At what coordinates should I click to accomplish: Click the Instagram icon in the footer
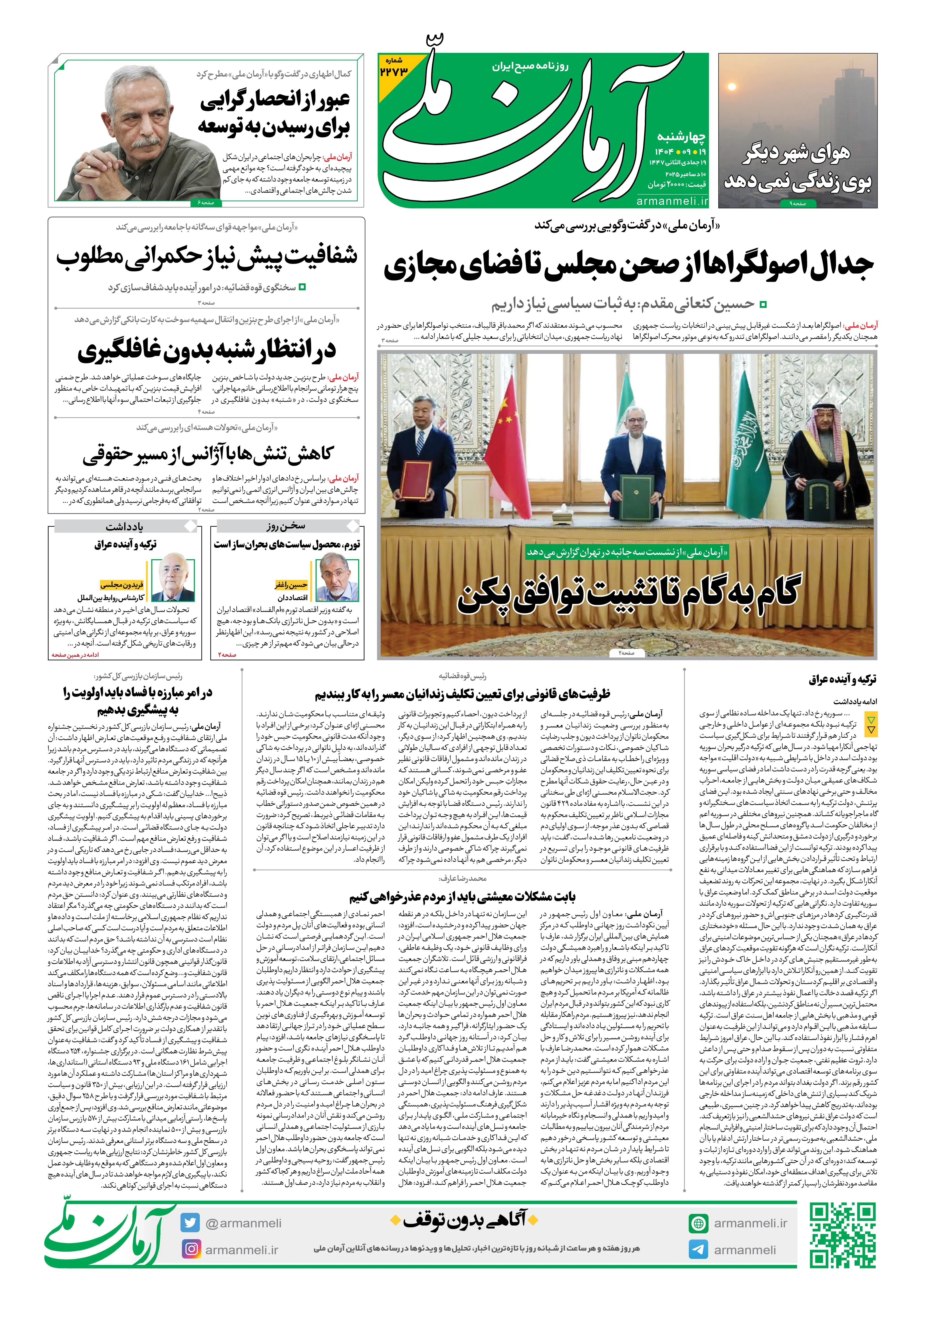190,1249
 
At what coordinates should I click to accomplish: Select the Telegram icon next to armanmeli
698,1249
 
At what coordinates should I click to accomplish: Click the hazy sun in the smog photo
732,88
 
